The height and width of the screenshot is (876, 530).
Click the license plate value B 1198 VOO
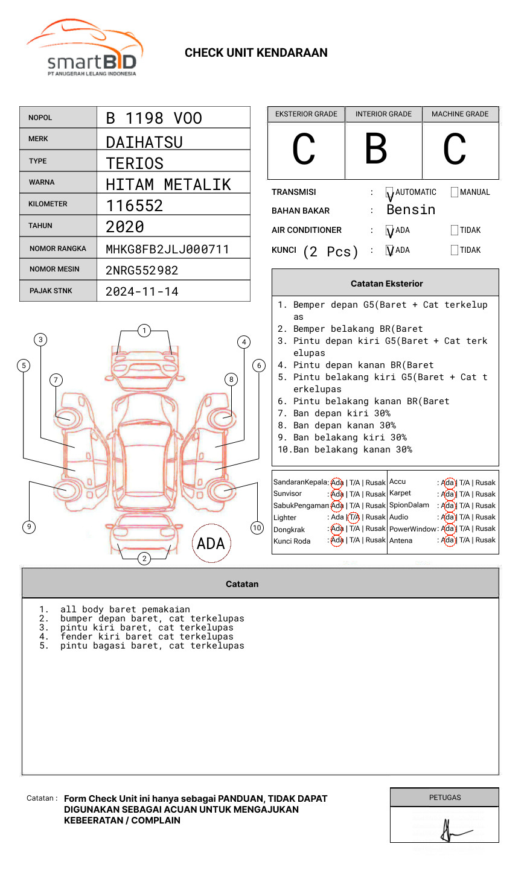[x=154, y=118]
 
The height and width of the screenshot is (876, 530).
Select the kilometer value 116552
[x=135, y=206]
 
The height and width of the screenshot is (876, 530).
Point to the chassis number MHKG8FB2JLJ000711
[x=167, y=249]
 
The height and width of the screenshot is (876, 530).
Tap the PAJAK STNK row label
[x=51, y=291]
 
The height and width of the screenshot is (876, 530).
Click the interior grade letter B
[x=376, y=150]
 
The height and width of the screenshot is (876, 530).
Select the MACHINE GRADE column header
[x=460, y=114]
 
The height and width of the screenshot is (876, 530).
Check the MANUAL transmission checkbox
[x=455, y=192]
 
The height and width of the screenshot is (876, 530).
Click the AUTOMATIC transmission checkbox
[x=390, y=193]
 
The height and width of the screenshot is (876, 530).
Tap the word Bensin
[x=410, y=210]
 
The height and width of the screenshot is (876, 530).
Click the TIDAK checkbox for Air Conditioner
[x=455, y=230]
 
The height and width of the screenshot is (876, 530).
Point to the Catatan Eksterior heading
[x=386, y=284]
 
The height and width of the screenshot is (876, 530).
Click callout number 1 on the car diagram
[x=144, y=331]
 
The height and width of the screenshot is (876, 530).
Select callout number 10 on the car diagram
[x=257, y=528]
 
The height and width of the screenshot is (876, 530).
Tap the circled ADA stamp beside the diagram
[x=211, y=544]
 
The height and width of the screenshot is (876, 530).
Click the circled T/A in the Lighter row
[x=354, y=517]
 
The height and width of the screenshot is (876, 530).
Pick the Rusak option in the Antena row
[x=485, y=540]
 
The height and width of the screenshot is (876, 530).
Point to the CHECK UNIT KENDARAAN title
[x=256, y=53]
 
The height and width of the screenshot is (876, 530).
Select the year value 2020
[x=125, y=227]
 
